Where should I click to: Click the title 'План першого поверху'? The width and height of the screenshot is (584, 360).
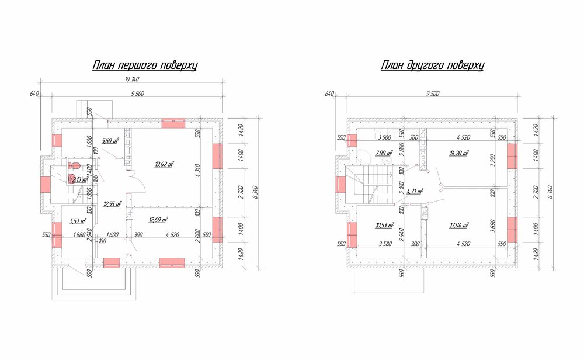point(145,66)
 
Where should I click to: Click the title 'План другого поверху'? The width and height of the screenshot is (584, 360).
point(433,66)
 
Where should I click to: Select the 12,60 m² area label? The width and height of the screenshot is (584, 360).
point(159,220)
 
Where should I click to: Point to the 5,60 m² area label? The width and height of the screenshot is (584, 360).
point(110,141)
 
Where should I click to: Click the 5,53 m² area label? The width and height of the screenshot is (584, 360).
point(78,221)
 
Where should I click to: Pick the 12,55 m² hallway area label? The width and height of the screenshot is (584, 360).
point(112,204)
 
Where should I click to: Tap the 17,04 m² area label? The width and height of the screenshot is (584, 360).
point(459,224)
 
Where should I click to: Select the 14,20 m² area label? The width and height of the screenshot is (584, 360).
point(460,153)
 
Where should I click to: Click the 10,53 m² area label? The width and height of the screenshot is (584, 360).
point(384,224)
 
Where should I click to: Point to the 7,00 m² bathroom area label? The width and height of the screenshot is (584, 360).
point(384,153)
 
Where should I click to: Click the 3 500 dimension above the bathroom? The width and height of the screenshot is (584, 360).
point(384,138)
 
